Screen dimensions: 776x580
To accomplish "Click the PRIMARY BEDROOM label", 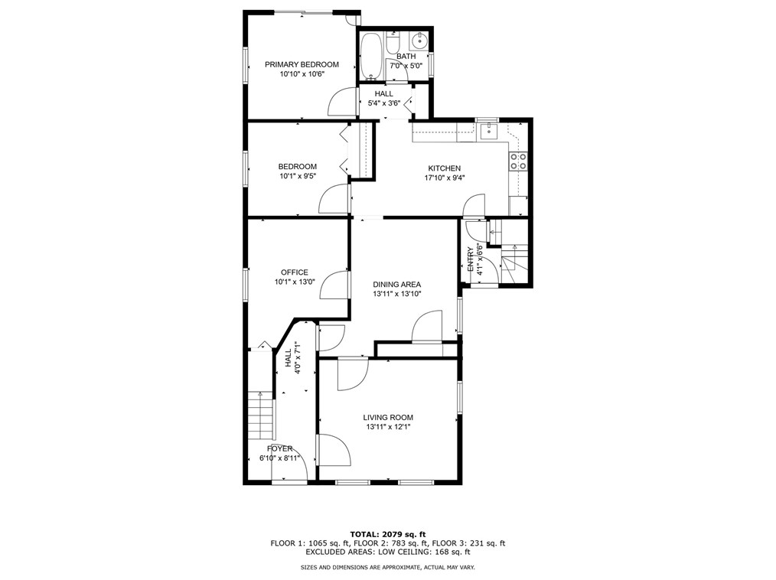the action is (302, 64).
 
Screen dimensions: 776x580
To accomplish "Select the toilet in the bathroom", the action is (393, 43).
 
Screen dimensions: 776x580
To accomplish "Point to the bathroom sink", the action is (419, 41).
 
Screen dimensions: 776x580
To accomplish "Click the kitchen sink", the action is (488, 132).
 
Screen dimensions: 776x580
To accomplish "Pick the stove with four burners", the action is (518, 161).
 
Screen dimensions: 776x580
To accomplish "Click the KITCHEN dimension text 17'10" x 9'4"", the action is (445, 178).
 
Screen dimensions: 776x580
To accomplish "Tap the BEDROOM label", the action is (297, 166).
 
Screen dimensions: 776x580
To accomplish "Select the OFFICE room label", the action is (295, 272).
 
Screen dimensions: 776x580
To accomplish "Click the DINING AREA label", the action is (397, 285).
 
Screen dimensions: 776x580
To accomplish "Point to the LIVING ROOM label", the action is (388, 417).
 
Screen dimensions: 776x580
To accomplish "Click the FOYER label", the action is (279, 449).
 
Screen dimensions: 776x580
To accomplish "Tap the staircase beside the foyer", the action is (260, 415).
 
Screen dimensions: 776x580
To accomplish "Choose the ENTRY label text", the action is (470, 259).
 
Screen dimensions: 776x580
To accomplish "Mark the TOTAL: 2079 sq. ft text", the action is (388, 534).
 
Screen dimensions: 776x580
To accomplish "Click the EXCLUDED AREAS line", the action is (388, 552).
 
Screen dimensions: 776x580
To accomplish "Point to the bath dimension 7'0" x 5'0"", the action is (406, 65).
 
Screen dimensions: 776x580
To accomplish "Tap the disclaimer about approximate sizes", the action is (388, 568).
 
